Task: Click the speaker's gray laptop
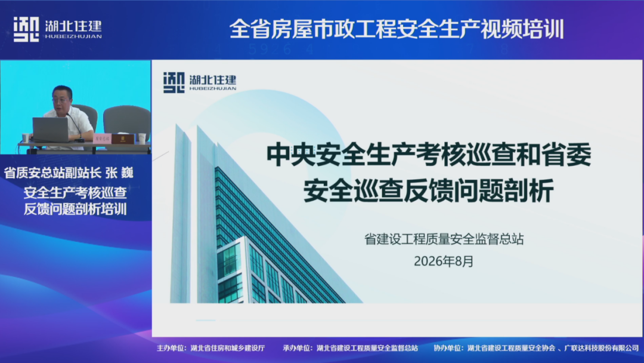51,130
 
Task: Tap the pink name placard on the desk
103,139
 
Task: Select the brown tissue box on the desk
123,139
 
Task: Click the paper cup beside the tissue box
142,138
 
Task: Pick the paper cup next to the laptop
26,138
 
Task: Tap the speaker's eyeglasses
61,100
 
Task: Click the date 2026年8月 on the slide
444,261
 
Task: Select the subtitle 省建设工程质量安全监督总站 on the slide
444,239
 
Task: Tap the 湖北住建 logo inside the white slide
200,82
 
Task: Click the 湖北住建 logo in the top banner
57,29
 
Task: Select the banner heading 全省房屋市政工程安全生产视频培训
397,29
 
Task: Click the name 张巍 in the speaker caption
119,173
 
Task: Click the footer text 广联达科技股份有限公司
602,348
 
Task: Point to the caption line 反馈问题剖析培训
75,209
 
